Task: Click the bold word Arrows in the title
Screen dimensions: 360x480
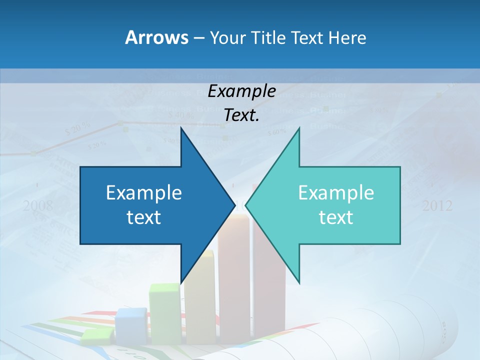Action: pos(156,37)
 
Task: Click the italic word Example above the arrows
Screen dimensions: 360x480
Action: pos(241,91)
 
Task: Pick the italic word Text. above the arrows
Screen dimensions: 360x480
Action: pos(241,115)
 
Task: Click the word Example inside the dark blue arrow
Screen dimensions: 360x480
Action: pos(144,192)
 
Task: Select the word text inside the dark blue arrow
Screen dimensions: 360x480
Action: pos(144,217)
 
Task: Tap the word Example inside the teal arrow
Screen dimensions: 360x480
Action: pos(336,192)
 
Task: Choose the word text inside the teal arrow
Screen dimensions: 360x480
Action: pos(336,217)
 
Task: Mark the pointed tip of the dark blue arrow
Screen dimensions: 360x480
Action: pos(234,204)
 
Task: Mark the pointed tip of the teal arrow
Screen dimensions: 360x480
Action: pos(246,204)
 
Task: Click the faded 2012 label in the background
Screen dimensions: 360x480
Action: pos(437,205)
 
